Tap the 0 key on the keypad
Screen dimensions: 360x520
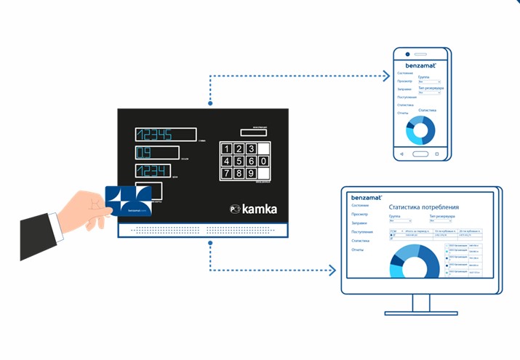click(252, 161)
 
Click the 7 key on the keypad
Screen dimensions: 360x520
click(228, 173)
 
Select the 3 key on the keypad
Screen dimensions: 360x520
click(252, 148)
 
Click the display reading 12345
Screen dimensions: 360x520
click(165, 135)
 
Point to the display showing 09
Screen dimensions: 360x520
click(156, 153)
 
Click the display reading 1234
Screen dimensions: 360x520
click(153, 171)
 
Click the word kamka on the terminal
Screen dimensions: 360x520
click(260, 209)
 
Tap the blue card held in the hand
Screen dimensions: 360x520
click(129, 201)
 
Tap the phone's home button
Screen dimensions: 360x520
click(420, 154)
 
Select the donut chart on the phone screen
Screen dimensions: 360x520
click(420, 129)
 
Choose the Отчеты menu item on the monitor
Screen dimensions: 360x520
click(357, 249)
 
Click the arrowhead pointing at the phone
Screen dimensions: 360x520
click(385, 74)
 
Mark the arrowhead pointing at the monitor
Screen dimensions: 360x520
click(332, 271)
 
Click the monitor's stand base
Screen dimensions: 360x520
click(421, 311)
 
